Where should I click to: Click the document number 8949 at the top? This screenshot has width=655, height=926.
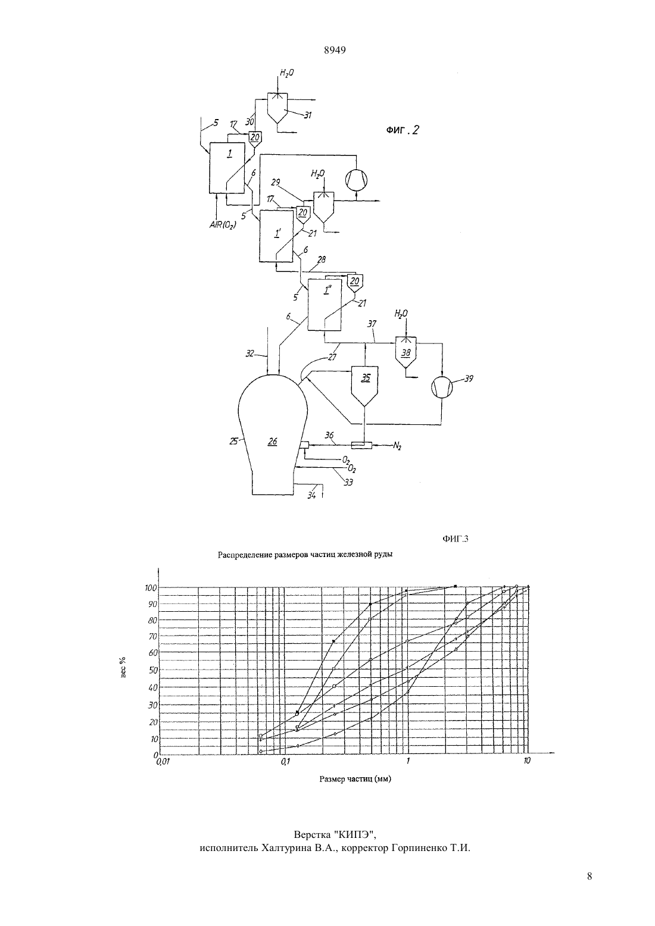pos(335,50)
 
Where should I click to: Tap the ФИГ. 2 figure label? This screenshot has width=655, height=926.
pos(403,130)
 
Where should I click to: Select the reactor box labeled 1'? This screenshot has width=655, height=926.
pos(276,236)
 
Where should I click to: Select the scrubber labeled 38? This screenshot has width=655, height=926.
pos(406,352)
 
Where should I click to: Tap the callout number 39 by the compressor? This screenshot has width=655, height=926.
pos(469,378)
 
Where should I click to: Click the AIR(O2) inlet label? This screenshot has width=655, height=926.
pos(223,226)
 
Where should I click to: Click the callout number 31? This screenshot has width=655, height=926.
pos(308,115)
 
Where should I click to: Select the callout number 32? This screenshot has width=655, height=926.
pos(249,353)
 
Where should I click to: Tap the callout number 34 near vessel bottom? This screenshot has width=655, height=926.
pos(312,495)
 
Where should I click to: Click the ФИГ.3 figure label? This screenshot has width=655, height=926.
pos(456,539)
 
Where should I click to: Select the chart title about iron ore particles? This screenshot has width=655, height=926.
pos(305,555)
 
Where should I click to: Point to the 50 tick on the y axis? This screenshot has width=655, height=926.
pos(152,670)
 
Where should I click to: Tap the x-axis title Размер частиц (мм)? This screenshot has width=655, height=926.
pos(355,779)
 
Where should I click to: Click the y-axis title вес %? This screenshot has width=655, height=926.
pos(124,668)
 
